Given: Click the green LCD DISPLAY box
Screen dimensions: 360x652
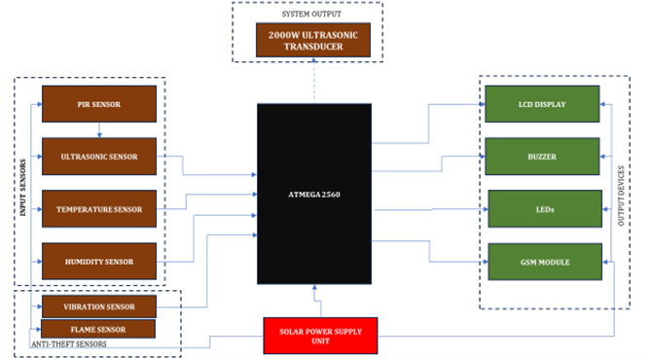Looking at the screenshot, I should pyautogui.click(x=542, y=101).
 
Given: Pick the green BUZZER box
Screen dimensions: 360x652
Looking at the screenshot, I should pyautogui.click(x=542, y=155).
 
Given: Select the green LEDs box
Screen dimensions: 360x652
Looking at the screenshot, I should pyautogui.click(x=542, y=208).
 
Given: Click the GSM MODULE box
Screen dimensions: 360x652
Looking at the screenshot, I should pyautogui.click(x=542, y=261).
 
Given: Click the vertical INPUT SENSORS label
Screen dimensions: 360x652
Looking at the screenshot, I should pyautogui.click(x=21, y=185).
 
